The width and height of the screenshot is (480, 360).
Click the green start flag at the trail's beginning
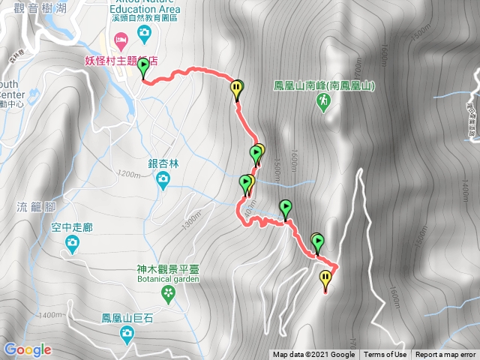tap(144, 69)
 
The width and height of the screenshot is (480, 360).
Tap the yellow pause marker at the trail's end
tap(325, 280)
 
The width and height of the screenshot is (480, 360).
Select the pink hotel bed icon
tap(118, 37)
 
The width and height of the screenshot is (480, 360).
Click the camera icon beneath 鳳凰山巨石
tap(128, 332)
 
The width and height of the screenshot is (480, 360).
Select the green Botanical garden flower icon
tap(169, 292)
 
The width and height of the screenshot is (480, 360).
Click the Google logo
tap(28, 349)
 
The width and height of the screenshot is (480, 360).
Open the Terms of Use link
tap(385, 355)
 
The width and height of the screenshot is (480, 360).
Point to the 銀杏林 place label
tap(163, 163)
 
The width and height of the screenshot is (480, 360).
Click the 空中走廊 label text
tap(72, 226)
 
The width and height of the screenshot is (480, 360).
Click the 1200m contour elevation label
tap(129, 175)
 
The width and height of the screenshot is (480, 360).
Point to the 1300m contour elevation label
tap(192, 220)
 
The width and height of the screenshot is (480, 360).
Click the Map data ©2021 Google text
tap(313, 355)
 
